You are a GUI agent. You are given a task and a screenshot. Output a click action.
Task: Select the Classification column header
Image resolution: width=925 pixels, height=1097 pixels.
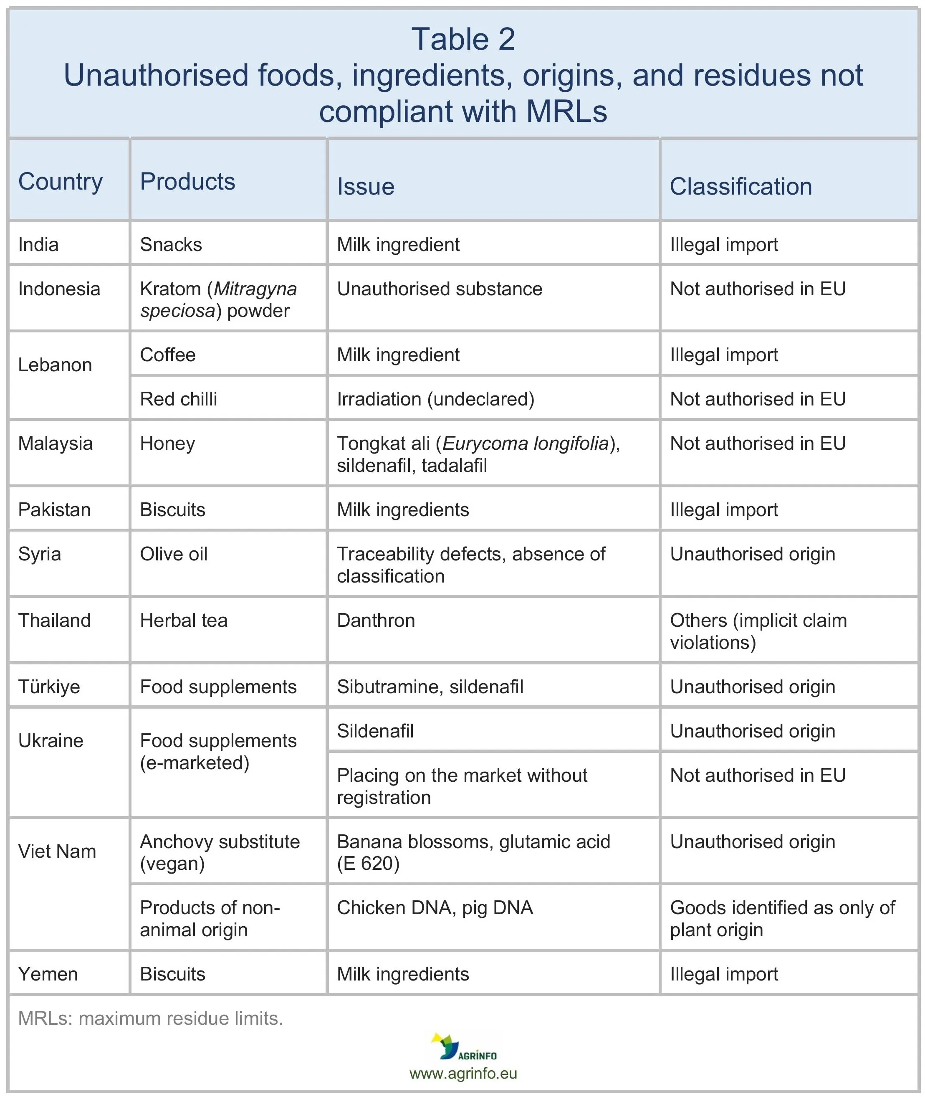point(741,187)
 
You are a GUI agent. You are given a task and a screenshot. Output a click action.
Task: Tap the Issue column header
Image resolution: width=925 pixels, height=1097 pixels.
point(366,187)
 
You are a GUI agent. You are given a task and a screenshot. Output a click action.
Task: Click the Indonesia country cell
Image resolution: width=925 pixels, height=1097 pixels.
point(59,289)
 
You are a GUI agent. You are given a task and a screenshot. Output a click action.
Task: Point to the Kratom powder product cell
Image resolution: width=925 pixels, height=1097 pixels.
point(218,299)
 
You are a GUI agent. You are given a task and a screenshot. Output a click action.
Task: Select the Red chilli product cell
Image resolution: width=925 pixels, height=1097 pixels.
point(178,399)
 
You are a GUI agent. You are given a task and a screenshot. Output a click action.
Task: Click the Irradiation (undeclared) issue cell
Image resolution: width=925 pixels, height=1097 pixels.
point(435,399)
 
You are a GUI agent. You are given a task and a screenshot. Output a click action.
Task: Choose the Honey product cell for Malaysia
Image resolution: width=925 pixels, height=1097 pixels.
point(167,444)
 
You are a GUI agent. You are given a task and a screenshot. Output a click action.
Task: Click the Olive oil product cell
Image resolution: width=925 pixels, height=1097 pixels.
point(174,555)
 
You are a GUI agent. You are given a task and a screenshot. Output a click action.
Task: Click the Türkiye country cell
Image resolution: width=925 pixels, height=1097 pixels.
point(49,687)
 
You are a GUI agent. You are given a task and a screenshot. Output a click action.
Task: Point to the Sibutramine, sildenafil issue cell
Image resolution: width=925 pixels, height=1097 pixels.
point(430,687)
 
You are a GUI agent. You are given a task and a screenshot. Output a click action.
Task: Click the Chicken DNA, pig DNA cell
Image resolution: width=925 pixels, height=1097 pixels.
point(435,907)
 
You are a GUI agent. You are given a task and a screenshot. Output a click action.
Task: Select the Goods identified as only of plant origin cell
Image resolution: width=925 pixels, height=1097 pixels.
point(782,918)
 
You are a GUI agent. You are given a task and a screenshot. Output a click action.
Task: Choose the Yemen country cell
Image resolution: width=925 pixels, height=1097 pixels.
point(48,974)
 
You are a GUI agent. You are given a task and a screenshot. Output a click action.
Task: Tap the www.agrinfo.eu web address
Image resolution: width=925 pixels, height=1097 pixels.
point(463,1073)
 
